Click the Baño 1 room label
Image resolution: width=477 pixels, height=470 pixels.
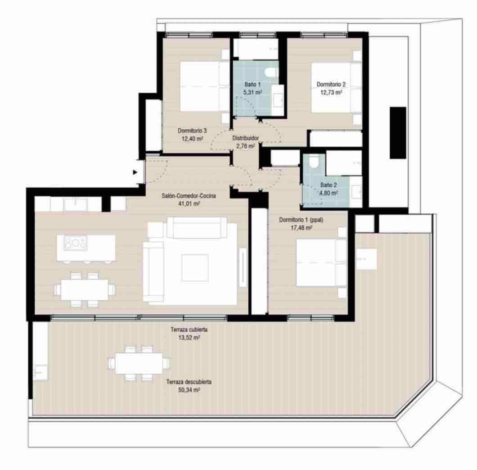tap(252, 84)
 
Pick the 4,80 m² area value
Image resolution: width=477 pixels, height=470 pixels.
tap(328, 193)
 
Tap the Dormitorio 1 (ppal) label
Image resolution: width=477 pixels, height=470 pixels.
tap(301, 220)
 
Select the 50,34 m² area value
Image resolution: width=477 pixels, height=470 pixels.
tap(189, 390)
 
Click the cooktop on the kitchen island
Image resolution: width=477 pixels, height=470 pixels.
tap(76, 243)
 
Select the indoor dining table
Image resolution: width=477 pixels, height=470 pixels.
tap(85, 289)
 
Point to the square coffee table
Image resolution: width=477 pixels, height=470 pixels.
tap(195, 267)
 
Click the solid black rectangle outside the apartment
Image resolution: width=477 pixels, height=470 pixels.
tap(398, 132)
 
